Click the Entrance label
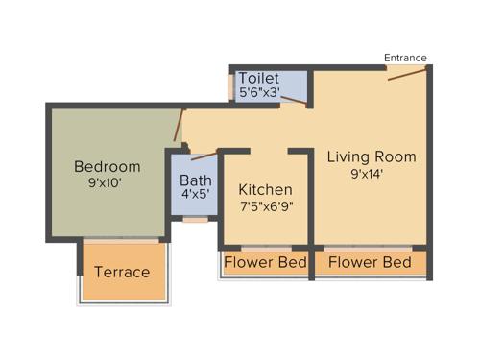tap(405, 58)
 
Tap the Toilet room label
tap(259, 78)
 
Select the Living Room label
tap(371, 156)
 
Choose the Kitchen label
tap(265, 189)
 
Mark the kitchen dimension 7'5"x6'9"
tap(266, 206)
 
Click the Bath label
tap(196, 180)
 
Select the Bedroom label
tap(108, 166)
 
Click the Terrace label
tap(122, 272)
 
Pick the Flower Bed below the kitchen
tap(265, 262)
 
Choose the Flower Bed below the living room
tap(370, 262)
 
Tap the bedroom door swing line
tap(178, 125)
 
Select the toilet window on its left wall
tap(230, 86)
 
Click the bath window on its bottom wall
tap(195, 221)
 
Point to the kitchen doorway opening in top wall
tap(270, 151)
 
